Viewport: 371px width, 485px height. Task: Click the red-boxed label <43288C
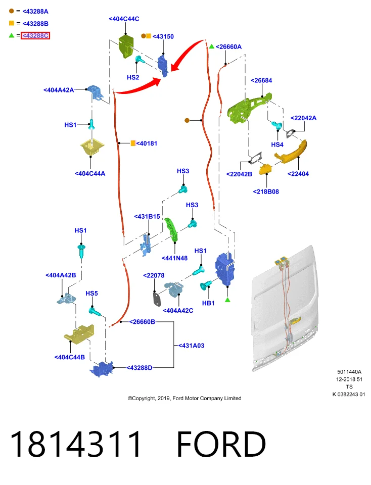35,35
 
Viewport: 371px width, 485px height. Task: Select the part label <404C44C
124,19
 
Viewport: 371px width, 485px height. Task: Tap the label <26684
261,80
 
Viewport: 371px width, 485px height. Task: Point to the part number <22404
298,174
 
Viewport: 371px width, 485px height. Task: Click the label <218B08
266,192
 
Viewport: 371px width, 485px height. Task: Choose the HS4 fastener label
277,144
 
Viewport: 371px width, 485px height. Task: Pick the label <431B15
147,217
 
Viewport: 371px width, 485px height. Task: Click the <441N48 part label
174,258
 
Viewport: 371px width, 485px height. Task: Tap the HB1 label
208,303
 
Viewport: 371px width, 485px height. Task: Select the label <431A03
191,346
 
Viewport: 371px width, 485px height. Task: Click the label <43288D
139,368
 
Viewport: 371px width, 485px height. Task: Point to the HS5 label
91,293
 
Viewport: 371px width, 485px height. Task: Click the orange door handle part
291,152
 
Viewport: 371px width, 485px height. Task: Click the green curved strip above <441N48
171,229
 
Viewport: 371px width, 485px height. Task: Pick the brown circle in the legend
12,11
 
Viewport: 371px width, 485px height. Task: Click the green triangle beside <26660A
212,46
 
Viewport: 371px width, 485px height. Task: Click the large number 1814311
76,444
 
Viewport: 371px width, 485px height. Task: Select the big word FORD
221,444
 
